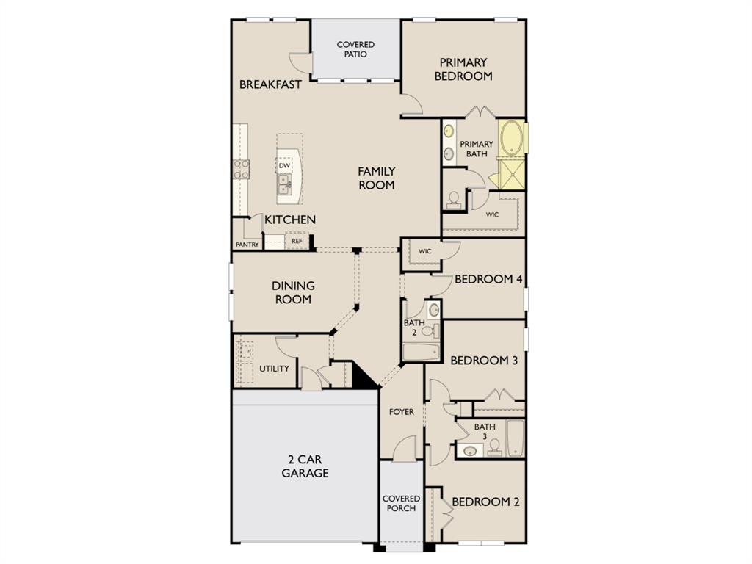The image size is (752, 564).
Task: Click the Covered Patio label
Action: (x=355, y=49)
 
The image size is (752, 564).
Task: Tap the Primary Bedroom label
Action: (x=463, y=69)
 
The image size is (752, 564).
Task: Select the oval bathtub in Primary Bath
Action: (x=512, y=137)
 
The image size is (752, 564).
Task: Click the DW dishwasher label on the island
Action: (x=284, y=165)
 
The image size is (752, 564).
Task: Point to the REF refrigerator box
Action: (x=297, y=241)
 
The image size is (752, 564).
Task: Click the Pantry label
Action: (x=247, y=245)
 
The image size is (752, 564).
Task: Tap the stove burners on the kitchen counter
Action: (x=241, y=170)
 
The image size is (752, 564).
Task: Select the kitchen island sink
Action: (x=284, y=184)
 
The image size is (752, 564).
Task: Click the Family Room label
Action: (x=377, y=178)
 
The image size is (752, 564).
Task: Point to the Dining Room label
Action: (x=293, y=292)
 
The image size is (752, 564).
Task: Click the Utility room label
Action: (x=275, y=369)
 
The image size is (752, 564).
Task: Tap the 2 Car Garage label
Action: (x=305, y=466)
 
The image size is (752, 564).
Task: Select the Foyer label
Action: (x=402, y=412)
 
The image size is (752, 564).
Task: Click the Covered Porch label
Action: (x=402, y=504)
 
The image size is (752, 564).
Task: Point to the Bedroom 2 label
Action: (x=486, y=502)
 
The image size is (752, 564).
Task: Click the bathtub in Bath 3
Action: (x=515, y=438)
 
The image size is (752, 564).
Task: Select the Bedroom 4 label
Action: (x=488, y=279)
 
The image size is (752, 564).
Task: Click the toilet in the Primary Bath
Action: (x=453, y=200)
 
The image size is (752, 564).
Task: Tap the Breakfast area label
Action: (x=270, y=85)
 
